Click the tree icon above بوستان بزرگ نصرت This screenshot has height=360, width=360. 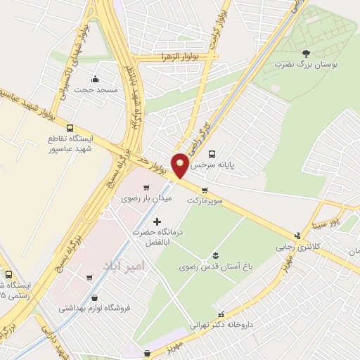click(305, 53)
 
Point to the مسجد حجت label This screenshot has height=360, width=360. click(95, 90)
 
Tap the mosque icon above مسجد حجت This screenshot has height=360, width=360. click(96, 79)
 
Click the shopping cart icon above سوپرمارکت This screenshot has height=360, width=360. click(205, 190)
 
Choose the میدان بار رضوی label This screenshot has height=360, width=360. click(147, 199)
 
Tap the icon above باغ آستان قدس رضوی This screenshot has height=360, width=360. click(216, 256)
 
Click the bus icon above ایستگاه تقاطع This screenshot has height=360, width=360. click(69, 128)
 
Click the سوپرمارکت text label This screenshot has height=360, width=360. click(205, 200)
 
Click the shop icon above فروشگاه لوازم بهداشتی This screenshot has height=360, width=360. click(90, 278)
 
